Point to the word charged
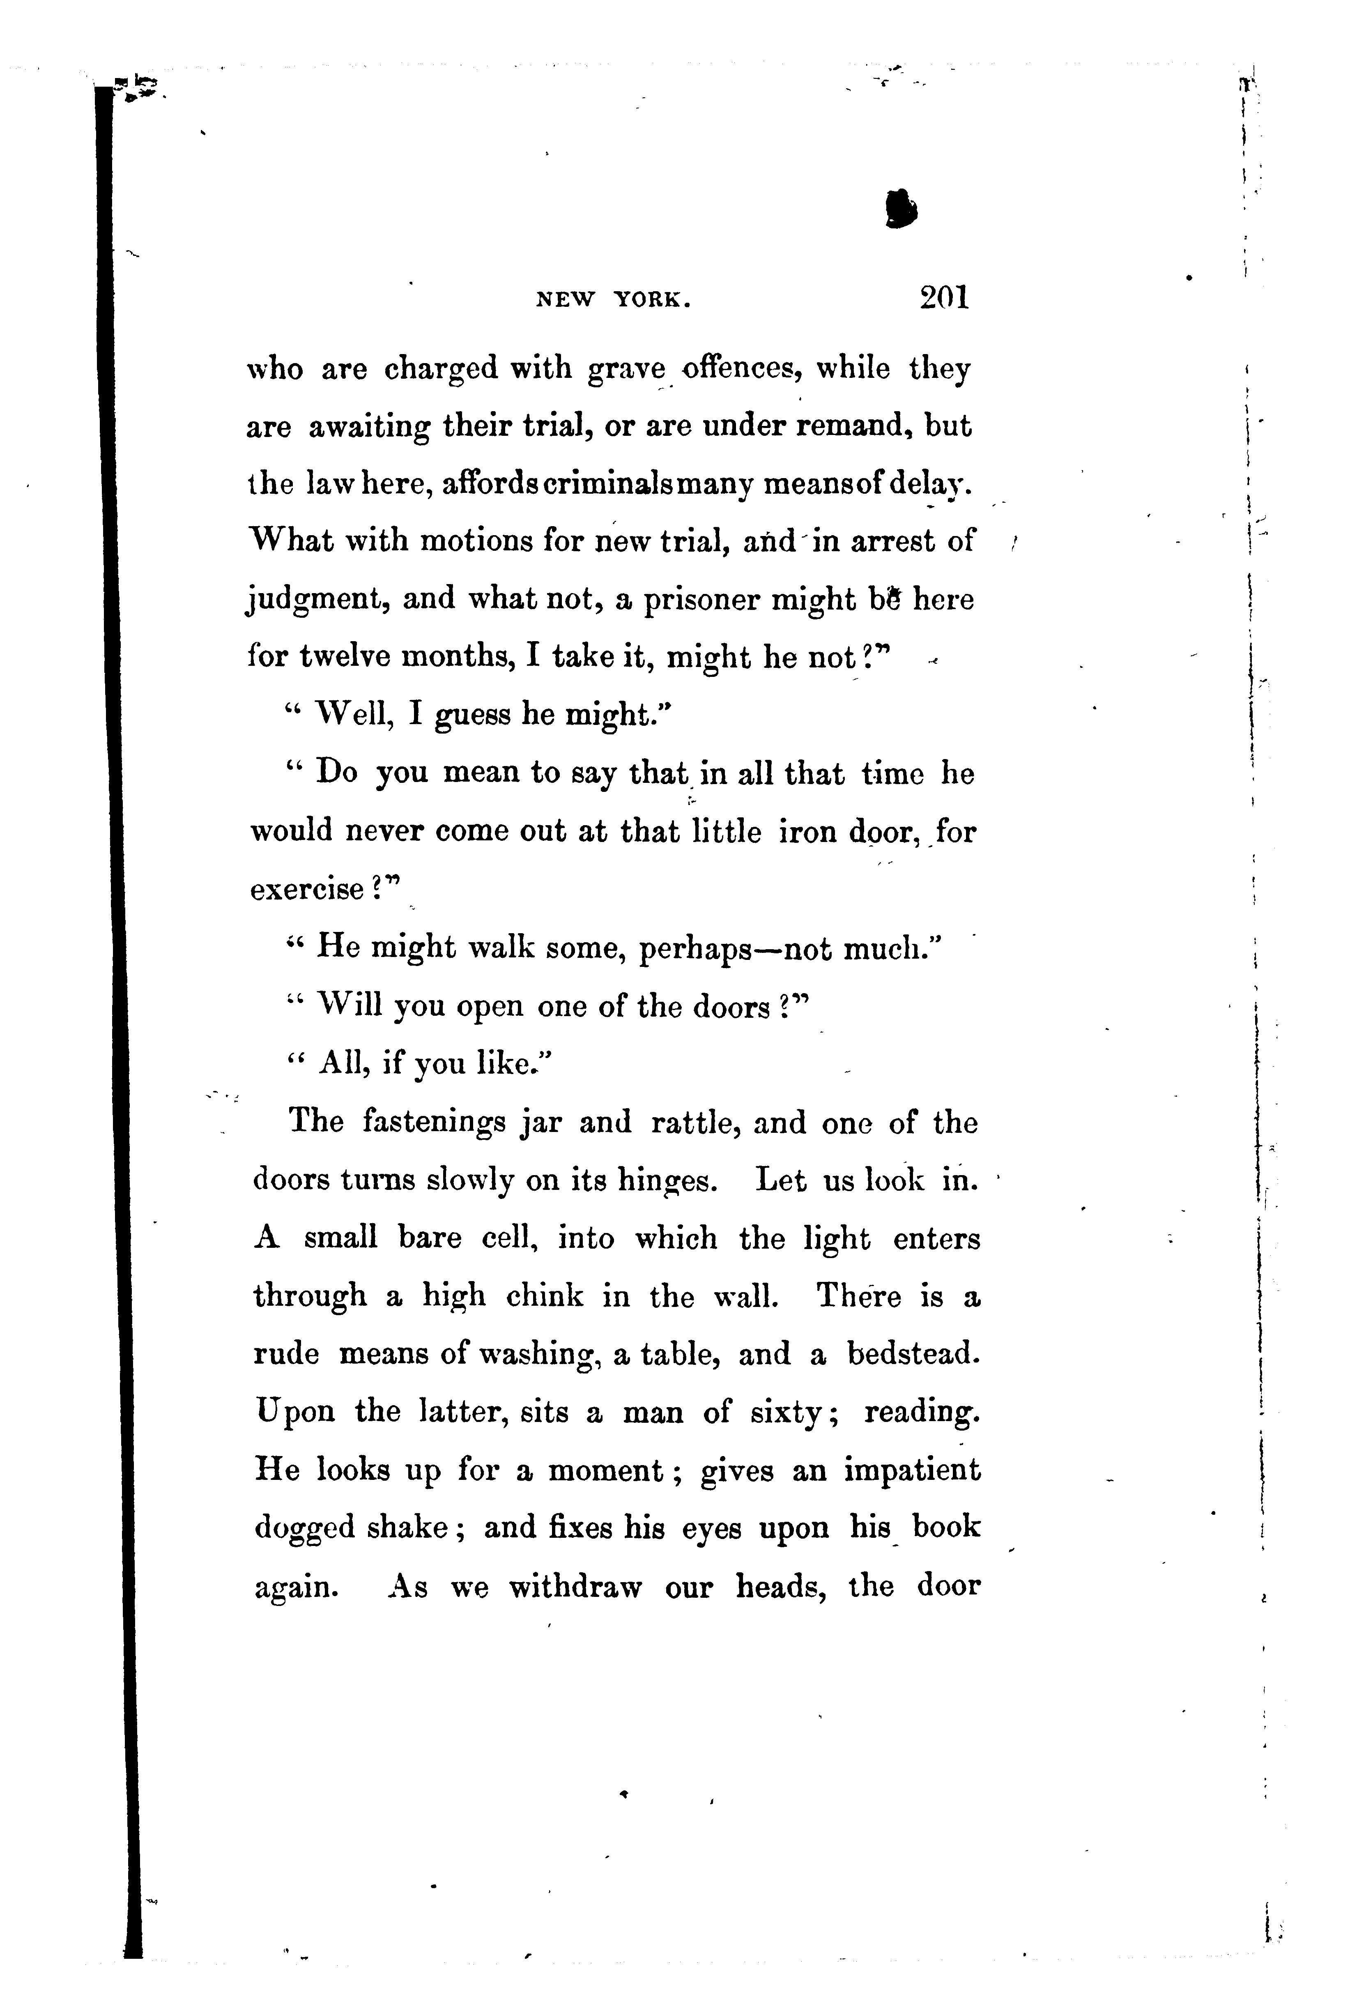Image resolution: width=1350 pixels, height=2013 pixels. coord(441,370)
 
